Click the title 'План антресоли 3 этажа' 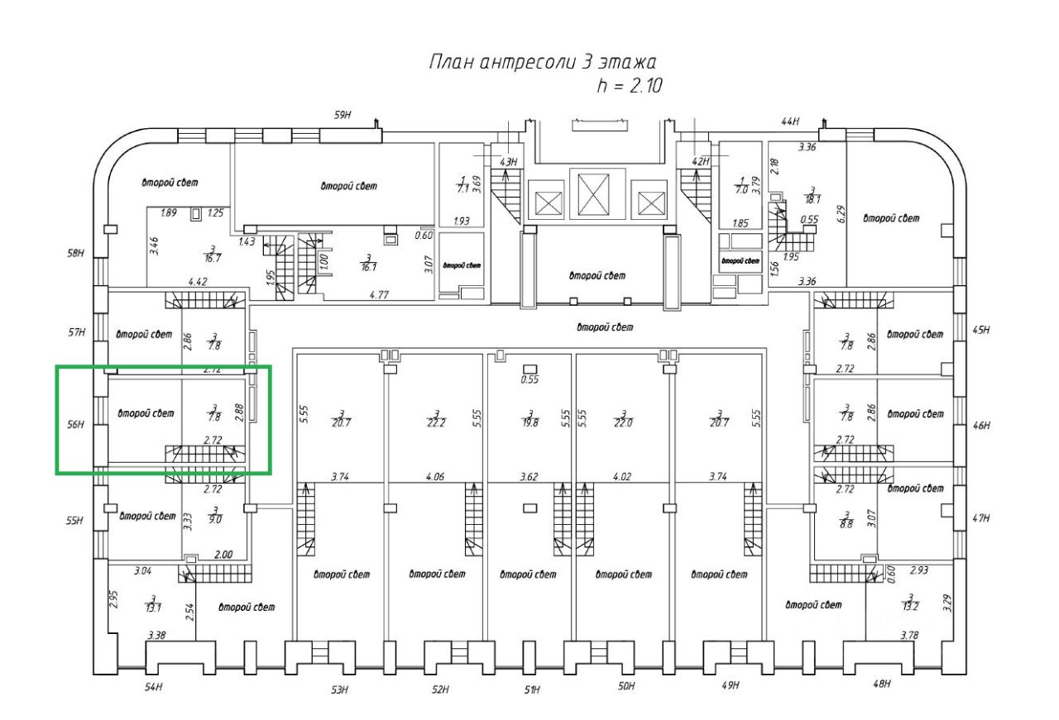pyautogui.click(x=542, y=63)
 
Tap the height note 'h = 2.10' pyautogui.click(x=629, y=84)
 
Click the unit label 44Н pyautogui.click(x=789, y=122)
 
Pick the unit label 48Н pyautogui.click(x=882, y=684)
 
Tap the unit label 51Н pyautogui.click(x=531, y=690)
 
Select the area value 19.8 pyautogui.click(x=529, y=422)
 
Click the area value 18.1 pyautogui.click(x=813, y=198)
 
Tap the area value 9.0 pyautogui.click(x=215, y=520)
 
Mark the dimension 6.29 pyautogui.click(x=841, y=217)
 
